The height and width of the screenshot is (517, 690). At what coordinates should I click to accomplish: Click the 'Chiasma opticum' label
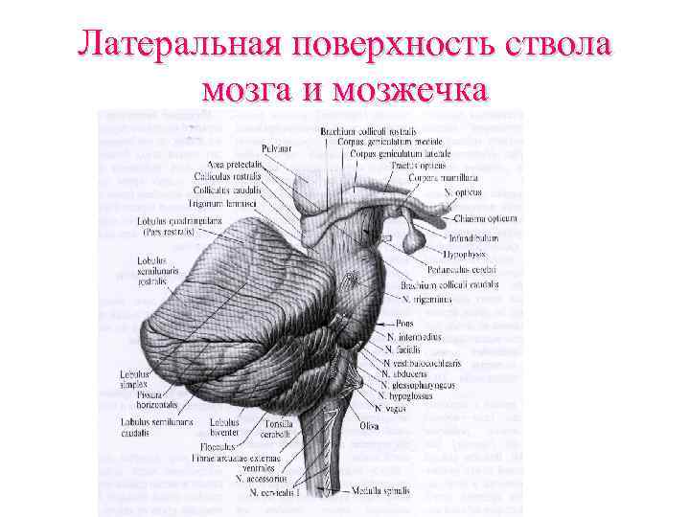(486, 218)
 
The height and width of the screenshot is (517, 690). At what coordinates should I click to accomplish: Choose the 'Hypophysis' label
(464, 254)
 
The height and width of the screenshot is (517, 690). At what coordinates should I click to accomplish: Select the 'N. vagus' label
(390, 408)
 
